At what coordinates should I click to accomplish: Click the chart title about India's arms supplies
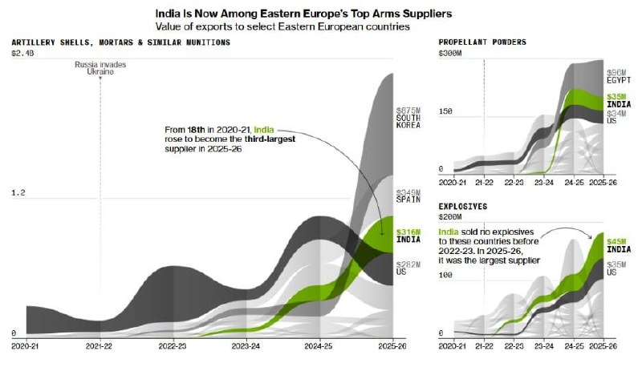pos(303,14)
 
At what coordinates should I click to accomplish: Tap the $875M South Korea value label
pos(408,118)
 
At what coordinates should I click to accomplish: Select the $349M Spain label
pos(408,196)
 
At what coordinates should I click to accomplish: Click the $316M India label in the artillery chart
pos(408,236)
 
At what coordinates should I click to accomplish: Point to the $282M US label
pos(408,268)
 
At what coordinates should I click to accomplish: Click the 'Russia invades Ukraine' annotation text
pos(100,68)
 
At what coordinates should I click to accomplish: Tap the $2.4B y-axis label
pos(22,53)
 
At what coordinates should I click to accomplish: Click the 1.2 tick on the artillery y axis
pos(18,192)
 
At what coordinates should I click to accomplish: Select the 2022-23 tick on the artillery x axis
pos(173,346)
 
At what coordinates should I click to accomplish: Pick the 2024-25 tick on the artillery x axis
pos(318,346)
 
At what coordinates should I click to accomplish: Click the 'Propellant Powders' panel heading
pos(482,42)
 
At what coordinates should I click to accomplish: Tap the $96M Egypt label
pos(619,76)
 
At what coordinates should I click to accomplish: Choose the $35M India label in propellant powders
pos(619,100)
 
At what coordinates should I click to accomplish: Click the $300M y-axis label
pos(450,53)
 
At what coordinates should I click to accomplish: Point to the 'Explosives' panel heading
pos(463,207)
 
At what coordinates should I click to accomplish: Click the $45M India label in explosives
pos(619,245)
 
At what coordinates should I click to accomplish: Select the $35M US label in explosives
pos(616,268)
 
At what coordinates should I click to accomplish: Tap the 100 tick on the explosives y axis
pos(445,275)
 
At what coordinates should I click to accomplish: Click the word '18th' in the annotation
pos(196,130)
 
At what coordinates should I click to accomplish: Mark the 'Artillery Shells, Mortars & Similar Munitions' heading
pos(121,42)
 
